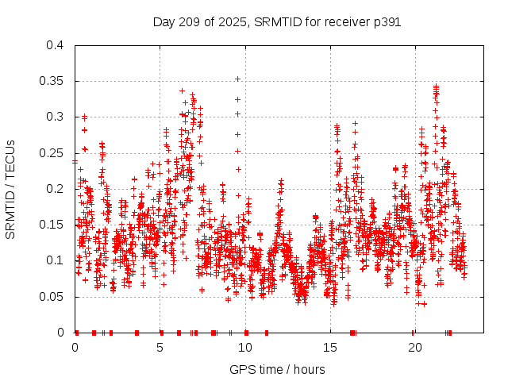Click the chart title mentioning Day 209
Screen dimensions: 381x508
click(276, 22)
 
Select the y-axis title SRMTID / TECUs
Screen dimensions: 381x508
click(10, 189)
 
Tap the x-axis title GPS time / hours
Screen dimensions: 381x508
click(276, 369)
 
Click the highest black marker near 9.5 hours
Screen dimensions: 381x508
click(237, 79)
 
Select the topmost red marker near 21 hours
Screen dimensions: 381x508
click(436, 86)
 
